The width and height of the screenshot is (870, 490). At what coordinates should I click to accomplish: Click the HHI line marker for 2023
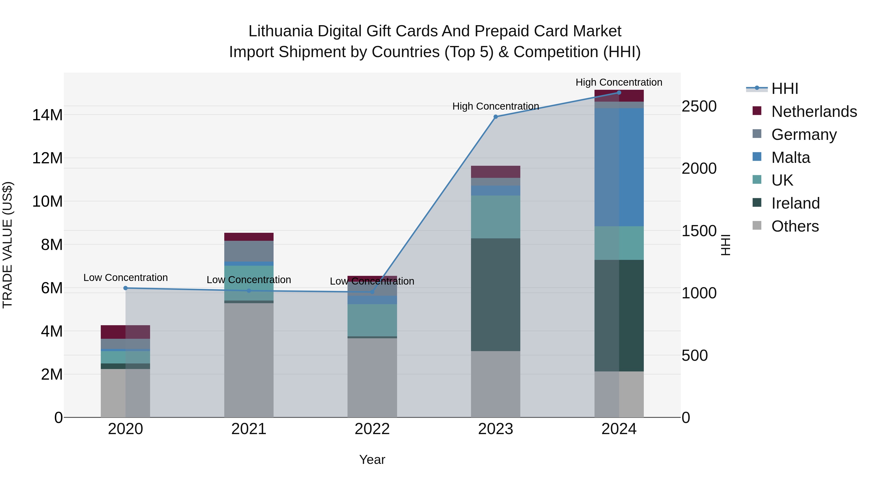[495, 117]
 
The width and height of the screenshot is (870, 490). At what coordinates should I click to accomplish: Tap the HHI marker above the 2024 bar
[619, 92]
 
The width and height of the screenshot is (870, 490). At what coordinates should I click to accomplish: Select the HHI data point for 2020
[125, 288]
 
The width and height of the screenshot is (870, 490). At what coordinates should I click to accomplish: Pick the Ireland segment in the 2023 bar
[495, 294]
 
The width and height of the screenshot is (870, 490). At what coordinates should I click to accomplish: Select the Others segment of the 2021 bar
[249, 360]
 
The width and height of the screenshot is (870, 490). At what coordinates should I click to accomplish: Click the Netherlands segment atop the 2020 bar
[125, 332]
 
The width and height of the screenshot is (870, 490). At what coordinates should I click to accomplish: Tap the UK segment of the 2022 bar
[372, 320]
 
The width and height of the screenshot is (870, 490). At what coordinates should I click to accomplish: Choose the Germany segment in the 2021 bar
[249, 251]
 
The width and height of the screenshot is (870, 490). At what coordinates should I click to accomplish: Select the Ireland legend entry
[795, 203]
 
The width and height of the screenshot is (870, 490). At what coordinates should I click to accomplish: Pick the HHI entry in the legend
[784, 89]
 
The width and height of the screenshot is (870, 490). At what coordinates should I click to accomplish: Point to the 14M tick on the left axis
[47, 115]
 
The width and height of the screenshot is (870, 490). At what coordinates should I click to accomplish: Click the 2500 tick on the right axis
[699, 106]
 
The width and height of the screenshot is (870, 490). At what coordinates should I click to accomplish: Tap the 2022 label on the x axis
[372, 429]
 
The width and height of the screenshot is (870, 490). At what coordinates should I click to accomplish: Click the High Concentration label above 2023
[495, 106]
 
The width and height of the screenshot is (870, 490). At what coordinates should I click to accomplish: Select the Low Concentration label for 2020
[125, 278]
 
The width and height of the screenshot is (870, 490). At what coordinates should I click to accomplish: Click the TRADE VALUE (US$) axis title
[7, 245]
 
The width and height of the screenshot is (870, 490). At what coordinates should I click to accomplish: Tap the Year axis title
[372, 460]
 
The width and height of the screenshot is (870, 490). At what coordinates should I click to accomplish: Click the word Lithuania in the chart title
[280, 31]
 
